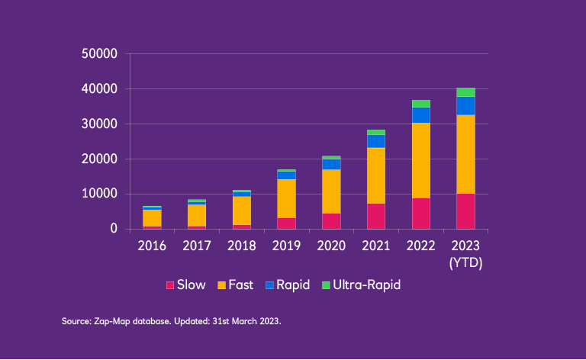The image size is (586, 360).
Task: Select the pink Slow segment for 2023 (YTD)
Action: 465,211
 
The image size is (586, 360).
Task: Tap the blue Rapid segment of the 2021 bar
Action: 376,141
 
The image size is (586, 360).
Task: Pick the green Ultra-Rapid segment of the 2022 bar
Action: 421,104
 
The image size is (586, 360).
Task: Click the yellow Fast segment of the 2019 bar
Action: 287,198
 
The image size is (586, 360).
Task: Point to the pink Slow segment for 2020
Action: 331,221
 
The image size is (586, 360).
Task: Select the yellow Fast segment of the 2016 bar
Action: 152,218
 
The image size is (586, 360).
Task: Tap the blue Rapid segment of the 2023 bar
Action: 465,106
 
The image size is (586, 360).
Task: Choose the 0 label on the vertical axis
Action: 113,229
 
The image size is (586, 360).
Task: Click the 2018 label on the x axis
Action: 242,246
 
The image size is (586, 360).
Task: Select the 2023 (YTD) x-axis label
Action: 465,253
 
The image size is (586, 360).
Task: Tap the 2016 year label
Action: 152,246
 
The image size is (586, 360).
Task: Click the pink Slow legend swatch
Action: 170,285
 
